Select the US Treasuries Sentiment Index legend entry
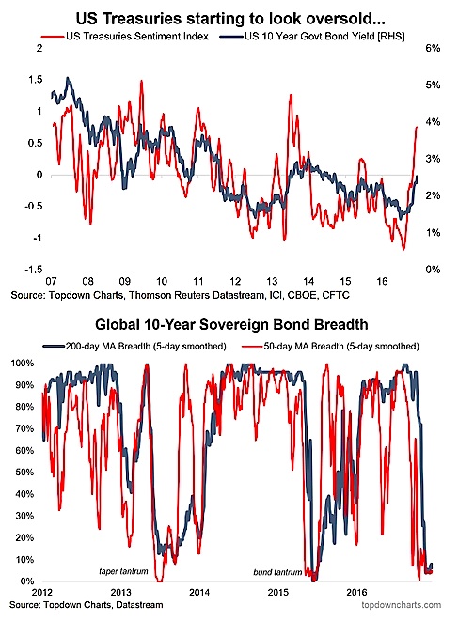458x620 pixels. click(x=125, y=37)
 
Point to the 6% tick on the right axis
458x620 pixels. click(x=433, y=48)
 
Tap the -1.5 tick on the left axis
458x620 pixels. click(x=34, y=270)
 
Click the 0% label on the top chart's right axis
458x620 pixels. click(x=433, y=270)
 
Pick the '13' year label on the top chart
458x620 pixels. click(x=272, y=282)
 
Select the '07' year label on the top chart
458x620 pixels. click(x=51, y=282)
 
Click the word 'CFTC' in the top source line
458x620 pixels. click(x=336, y=295)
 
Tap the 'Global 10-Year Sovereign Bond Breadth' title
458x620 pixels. click(x=231, y=325)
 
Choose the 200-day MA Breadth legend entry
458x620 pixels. click(x=134, y=347)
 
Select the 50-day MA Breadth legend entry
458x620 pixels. click(x=330, y=347)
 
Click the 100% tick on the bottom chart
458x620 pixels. click(x=24, y=364)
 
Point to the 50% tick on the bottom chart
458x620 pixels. click(x=25, y=473)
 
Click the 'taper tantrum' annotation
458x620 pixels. click(x=123, y=571)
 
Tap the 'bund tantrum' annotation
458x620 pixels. click(x=277, y=572)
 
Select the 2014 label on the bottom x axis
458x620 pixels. click(x=199, y=593)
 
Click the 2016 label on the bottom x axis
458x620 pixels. click(x=356, y=593)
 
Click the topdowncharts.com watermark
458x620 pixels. click(x=402, y=605)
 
